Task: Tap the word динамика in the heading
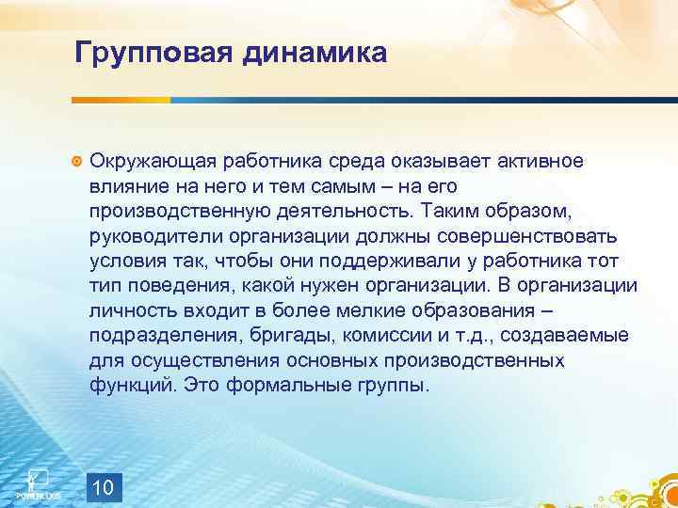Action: coord(315,53)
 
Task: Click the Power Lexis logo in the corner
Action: coord(39,483)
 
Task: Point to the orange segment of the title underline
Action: coord(123,99)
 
